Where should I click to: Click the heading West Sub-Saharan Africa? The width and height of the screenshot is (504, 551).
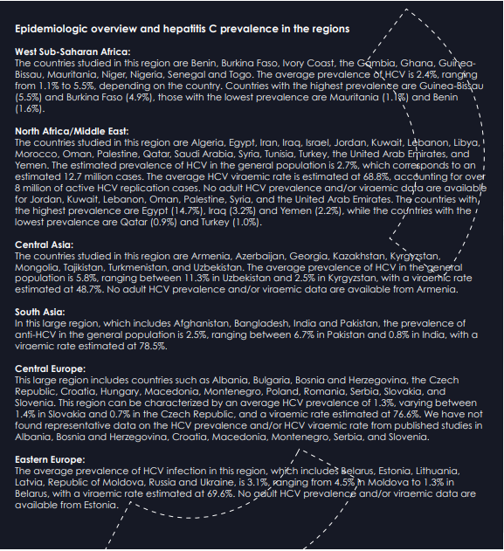[72, 52]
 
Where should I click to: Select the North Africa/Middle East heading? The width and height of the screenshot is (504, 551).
[72, 131]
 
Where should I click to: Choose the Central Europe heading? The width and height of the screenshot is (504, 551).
[50, 369]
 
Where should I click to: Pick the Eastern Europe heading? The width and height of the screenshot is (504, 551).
[50, 458]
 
